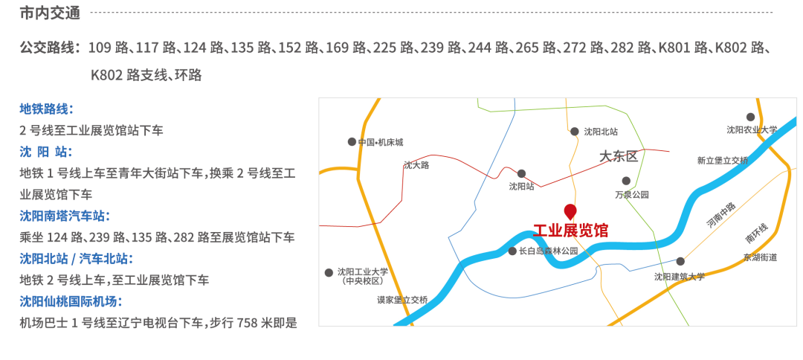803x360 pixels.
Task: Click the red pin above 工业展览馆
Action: [570, 210]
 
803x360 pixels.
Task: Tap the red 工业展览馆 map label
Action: [570, 231]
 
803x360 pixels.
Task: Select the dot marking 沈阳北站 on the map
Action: [575, 132]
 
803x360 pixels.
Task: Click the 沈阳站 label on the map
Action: [521, 187]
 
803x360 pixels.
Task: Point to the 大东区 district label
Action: [619, 156]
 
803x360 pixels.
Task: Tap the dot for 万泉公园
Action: [626, 181]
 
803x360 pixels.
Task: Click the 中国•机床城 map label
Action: [380, 142]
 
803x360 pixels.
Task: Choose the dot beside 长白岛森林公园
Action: [512, 251]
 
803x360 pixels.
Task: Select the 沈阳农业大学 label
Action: [752, 129]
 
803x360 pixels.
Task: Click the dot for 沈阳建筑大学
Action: [680, 261]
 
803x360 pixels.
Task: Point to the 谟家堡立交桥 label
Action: [402, 300]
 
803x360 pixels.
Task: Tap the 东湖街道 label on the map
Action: [760, 257]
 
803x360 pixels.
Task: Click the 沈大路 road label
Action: [416, 165]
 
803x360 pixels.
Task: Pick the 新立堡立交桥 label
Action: [723, 160]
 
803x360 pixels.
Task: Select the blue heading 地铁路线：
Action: [46, 109]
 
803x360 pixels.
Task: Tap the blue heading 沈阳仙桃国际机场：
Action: [71, 301]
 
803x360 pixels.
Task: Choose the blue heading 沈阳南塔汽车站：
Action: [65, 216]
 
